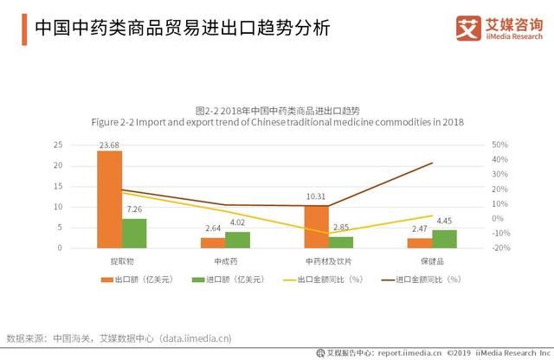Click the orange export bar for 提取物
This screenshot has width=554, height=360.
click(x=109, y=199)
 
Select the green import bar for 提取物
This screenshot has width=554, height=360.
click(x=134, y=233)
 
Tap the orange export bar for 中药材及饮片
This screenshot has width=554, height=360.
click(x=317, y=227)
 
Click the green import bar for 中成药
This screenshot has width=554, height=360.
click(x=237, y=240)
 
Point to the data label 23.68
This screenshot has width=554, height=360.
click(x=109, y=145)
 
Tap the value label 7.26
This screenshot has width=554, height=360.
click(x=134, y=209)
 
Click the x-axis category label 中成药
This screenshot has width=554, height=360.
click(x=225, y=260)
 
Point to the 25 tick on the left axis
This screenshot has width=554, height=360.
click(x=56, y=145)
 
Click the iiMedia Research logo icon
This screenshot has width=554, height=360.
click(x=468, y=28)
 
